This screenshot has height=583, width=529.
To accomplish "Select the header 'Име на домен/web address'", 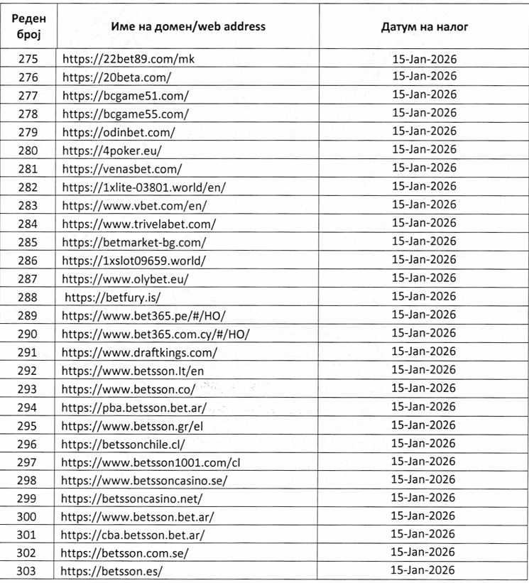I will click(187, 27).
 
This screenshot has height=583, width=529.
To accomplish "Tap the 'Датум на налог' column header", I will click(424, 28).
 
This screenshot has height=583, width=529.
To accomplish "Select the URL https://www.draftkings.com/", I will click(139, 350).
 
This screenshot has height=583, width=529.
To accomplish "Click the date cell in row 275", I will click(424, 59).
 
